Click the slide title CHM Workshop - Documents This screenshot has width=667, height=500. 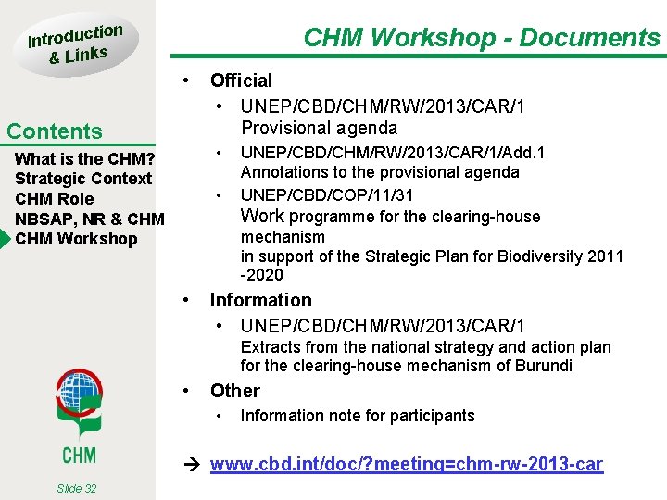coord(482,38)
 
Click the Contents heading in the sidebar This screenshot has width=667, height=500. coord(54,131)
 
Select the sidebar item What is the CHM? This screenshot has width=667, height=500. coord(84,158)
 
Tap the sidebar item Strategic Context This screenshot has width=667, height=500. coord(83,179)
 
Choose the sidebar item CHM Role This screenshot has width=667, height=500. coord(55,199)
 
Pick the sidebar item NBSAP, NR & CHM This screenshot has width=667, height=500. coord(90,219)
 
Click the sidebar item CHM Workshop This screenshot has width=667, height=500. coord(76,239)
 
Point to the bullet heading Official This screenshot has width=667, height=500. coord(241,81)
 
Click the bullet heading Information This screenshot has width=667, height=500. coord(260,300)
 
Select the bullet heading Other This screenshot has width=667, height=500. coord(234,391)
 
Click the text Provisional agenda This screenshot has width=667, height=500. coord(319,128)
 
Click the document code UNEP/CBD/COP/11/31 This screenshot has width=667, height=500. coord(327,194)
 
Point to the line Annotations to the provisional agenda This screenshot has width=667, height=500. coord(380,172)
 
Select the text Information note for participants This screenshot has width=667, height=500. coord(358,416)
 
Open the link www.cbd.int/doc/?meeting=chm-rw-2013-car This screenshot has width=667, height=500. coord(406,465)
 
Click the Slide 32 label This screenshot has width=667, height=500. coord(76,488)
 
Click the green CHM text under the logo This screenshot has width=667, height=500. coord(78,455)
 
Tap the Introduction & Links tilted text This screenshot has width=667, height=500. coord(74,44)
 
